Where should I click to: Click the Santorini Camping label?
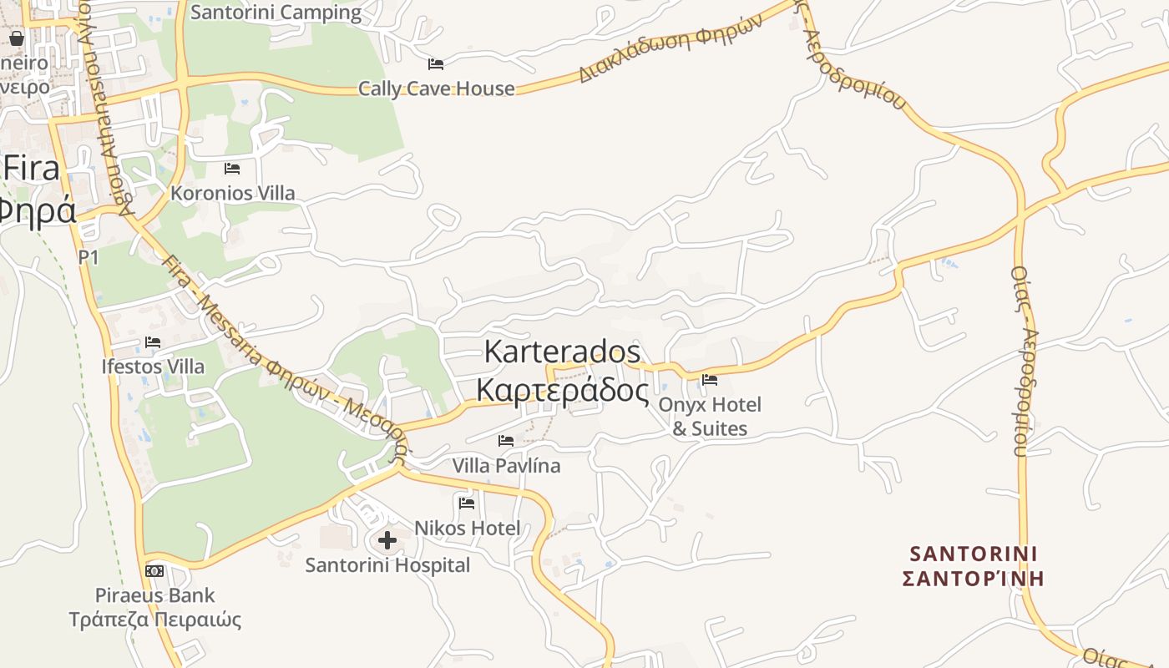276,13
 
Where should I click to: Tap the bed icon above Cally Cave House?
436,63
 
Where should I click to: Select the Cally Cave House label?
436,89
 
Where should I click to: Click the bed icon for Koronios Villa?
232,169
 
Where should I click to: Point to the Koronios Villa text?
232,193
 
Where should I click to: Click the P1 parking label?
89,257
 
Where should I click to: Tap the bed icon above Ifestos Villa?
152,342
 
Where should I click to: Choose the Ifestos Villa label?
152,367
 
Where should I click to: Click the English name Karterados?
562,352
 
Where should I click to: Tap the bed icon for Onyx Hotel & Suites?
710,380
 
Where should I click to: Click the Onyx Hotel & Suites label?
710,417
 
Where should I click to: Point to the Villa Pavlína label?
506,465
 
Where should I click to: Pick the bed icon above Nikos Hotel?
467,503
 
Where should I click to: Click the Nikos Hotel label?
467,528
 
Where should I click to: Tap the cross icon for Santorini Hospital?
387,540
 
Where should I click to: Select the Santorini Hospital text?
387,565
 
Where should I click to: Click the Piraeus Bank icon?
154,571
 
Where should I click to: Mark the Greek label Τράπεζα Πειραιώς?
155,620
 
